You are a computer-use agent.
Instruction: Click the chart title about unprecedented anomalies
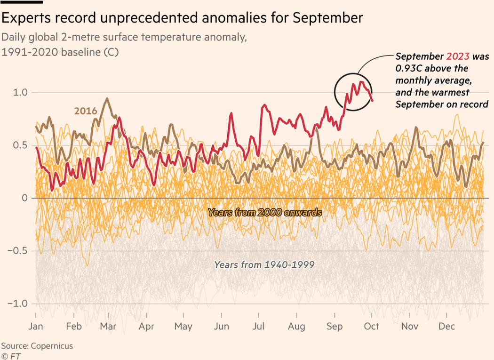182,18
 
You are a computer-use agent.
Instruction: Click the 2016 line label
85,111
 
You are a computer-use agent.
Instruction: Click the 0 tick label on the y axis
25,198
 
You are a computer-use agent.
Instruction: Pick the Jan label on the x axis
36,326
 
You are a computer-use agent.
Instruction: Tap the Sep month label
335,326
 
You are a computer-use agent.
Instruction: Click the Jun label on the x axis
221,326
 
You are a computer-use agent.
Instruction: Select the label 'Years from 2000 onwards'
265,212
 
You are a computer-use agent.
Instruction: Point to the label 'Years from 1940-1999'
264,265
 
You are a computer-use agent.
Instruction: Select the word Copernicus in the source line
52,346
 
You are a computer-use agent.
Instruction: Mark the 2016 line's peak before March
107,99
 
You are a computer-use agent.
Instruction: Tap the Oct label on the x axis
372,326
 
